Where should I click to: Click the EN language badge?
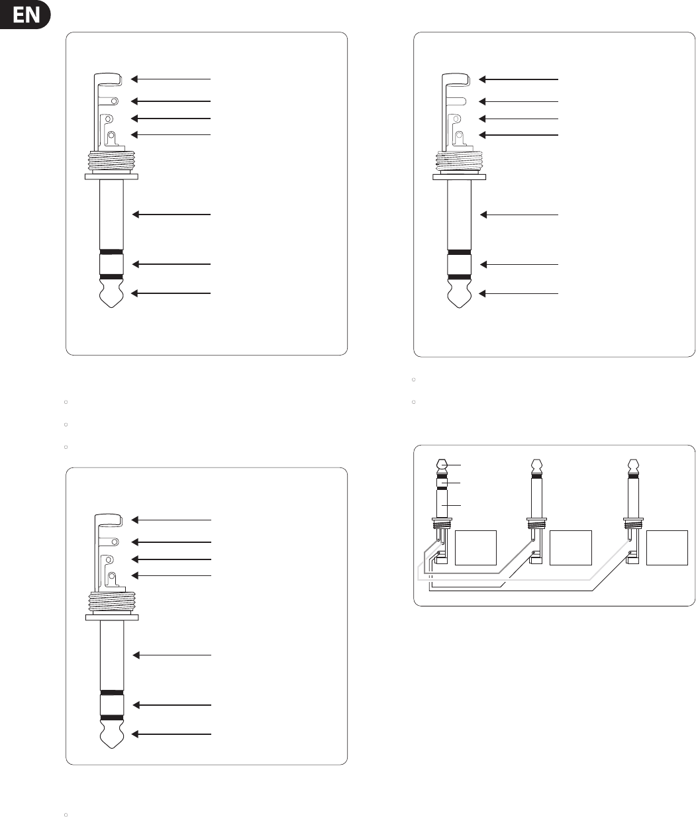click(26, 15)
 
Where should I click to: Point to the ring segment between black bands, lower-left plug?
click(111, 704)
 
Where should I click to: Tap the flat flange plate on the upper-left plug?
click(111, 177)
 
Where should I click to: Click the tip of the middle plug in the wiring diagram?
click(537, 465)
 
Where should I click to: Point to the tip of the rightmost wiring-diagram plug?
click(634, 465)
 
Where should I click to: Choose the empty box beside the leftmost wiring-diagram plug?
click(476, 547)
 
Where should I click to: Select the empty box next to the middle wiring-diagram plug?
click(570, 547)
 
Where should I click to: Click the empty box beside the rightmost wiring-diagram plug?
click(666, 547)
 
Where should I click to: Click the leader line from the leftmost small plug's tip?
click(455, 465)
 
